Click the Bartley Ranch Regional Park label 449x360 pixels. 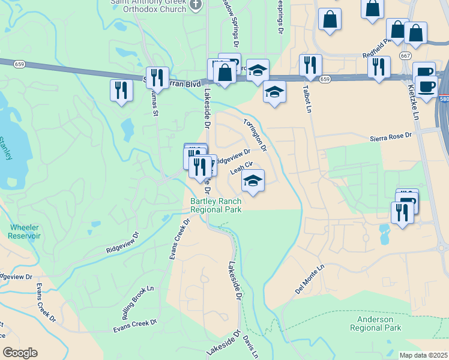[215, 205]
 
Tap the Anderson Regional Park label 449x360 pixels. [375, 324]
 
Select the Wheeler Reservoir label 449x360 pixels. [24, 232]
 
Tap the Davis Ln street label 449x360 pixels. [250, 347]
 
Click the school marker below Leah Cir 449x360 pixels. [253, 181]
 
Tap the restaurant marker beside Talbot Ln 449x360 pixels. [310, 65]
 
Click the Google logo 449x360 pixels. [20, 353]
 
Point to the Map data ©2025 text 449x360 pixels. [423, 355]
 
